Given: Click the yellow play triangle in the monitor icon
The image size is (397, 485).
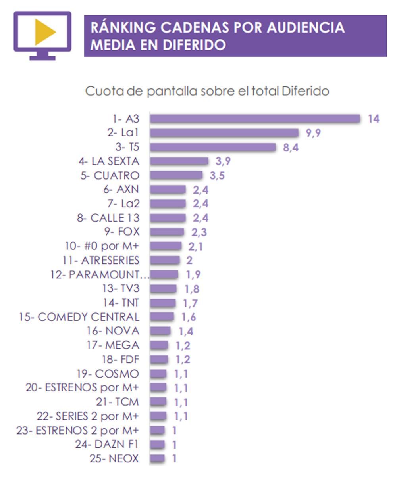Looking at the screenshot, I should pos(44,32).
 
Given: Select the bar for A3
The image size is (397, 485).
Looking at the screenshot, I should pos(254,119).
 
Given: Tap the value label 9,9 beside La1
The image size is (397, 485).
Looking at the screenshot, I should pos(313,133).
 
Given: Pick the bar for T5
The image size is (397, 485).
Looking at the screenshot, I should pos(212,147).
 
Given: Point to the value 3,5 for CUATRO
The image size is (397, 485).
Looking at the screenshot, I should pos(217,176).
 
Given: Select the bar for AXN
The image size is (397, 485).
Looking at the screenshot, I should pos(168,190).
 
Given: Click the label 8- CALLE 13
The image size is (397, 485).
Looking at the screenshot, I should pos(108,218).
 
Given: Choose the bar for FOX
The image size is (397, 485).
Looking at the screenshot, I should pos(167,232).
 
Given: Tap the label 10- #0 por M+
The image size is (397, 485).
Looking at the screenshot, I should pos(102,246).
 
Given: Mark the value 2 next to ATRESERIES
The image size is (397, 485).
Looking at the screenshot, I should pos(189,261).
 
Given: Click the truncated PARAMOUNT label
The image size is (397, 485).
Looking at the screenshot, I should pos(100,274).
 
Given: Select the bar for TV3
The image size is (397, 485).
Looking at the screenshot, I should pos(163,289).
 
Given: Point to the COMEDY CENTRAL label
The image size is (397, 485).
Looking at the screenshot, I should pos(79,317).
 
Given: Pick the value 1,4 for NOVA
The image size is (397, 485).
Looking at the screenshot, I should pos(185,332).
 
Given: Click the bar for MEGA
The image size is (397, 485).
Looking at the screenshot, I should pos(159,345).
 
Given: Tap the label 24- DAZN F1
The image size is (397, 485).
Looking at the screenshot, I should pos(107,445).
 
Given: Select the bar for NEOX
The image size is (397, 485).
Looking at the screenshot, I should pos(157,459).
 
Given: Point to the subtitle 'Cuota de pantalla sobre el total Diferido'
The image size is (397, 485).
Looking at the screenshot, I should pos(207,91).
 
